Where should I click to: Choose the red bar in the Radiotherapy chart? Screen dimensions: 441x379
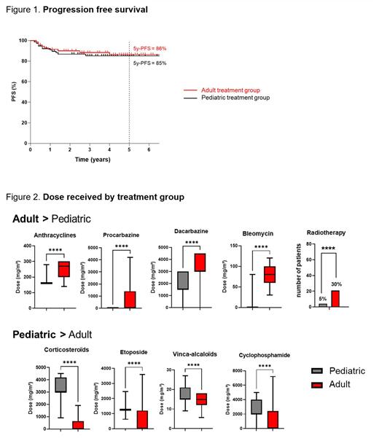(x=335, y=299)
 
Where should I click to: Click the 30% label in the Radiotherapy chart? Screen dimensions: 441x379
(x=335, y=285)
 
